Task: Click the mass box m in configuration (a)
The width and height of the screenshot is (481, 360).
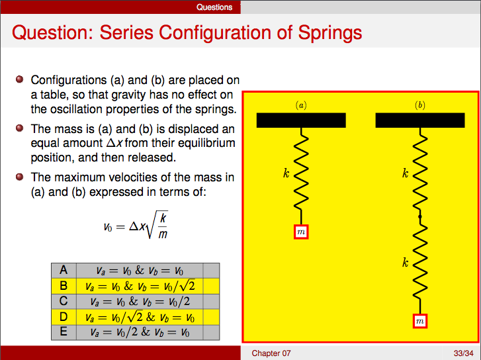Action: click(x=301, y=232)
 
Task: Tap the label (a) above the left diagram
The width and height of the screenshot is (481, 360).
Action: click(x=301, y=105)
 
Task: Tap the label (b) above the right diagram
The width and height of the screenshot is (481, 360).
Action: click(x=420, y=105)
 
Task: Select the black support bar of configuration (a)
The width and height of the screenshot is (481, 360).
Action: click(x=301, y=120)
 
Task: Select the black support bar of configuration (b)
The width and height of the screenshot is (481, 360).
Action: click(x=420, y=120)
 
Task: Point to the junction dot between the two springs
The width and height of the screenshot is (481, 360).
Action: click(x=420, y=217)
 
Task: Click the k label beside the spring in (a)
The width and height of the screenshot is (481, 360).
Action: click(x=286, y=174)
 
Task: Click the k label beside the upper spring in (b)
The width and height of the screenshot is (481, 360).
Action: click(x=405, y=174)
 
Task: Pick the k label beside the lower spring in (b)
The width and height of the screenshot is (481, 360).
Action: click(x=405, y=263)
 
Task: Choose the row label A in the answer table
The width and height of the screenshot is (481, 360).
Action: click(x=64, y=270)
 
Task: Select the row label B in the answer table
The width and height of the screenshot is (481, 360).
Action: click(x=64, y=286)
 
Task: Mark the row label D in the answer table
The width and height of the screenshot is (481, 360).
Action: click(x=64, y=316)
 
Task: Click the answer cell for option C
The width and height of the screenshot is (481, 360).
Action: click(x=138, y=301)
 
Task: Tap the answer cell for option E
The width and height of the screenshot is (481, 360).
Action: click(x=138, y=332)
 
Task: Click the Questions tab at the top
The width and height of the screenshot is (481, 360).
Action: click(x=214, y=7)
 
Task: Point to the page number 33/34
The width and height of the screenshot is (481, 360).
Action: click(x=462, y=353)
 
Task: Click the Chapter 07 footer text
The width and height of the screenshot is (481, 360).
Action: click(x=271, y=353)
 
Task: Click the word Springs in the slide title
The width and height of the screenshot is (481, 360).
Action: click(x=328, y=32)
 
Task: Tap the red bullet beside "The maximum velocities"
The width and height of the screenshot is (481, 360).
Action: click(x=20, y=177)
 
